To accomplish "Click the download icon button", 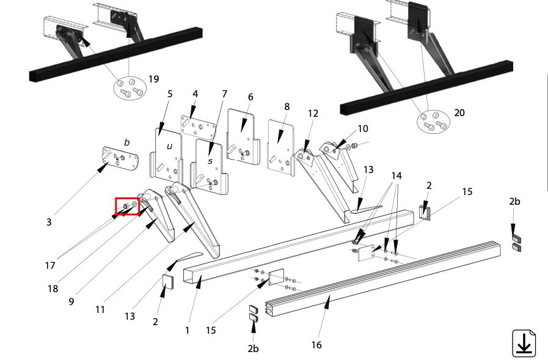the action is (524, 343).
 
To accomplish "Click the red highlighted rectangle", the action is (128, 206).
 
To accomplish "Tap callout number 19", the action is (154, 79).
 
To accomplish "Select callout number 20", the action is (459, 113).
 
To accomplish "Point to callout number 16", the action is (316, 345).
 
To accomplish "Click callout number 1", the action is (188, 330).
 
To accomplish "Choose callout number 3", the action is (49, 222).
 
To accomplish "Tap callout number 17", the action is (50, 266).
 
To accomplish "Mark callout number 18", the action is (53, 288).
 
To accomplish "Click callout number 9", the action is (71, 301).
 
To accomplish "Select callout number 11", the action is (100, 310).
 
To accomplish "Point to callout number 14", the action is (396, 176).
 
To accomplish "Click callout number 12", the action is (313, 114).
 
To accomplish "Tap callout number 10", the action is (363, 129).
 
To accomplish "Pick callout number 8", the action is (287, 106).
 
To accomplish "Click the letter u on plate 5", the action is (169, 146).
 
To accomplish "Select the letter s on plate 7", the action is (210, 161).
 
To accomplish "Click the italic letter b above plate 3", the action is (127, 142).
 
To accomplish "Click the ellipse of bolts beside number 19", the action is (130, 88).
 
